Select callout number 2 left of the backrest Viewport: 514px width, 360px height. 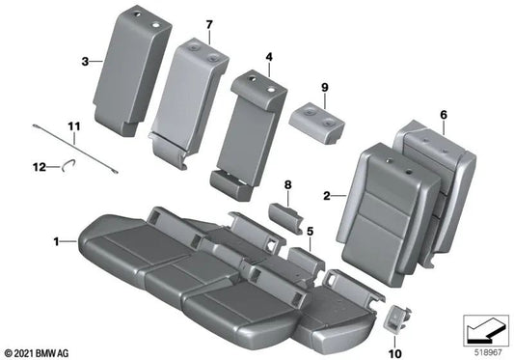tap(329, 196)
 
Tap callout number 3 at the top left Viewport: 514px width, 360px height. tap(85, 61)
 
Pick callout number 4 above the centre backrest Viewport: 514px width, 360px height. tap(270, 57)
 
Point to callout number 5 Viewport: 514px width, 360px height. tap(310, 232)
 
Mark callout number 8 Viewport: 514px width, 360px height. tap(286, 184)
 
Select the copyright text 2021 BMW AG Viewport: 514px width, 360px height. tap(44, 350)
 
